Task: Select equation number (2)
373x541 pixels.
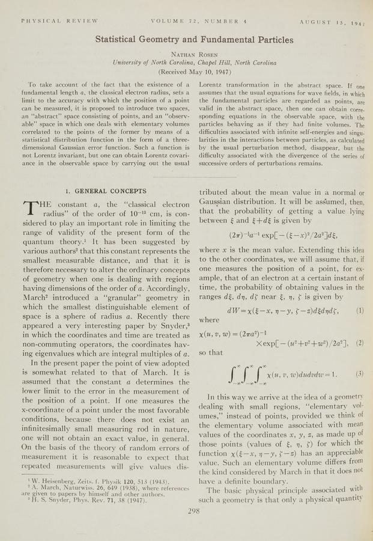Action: [359, 342]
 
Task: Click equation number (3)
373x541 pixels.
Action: [359, 373]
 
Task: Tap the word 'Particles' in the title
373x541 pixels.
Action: [270, 40]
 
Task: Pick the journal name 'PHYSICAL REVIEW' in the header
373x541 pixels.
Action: [59, 20]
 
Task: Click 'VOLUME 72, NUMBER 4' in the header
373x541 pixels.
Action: [195, 20]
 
